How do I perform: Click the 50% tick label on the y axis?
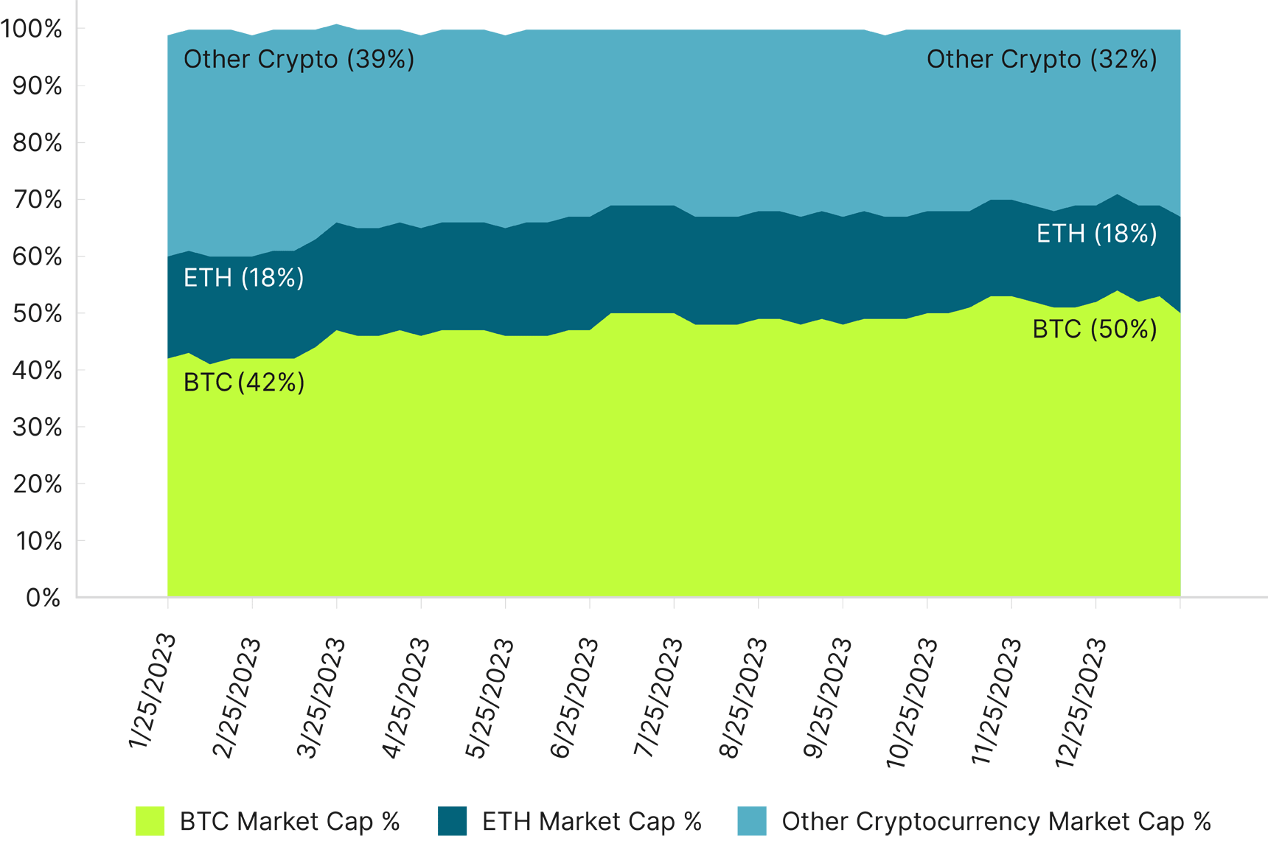pyautogui.click(x=37, y=313)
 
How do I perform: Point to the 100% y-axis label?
pyautogui.click(x=32, y=29)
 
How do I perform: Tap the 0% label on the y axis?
pyautogui.click(x=43, y=597)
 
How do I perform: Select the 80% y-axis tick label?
pyautogui.click(x=37, y=143)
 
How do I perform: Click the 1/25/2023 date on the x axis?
pyautogui.click(x=152, y=691)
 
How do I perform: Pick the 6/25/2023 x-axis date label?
pyautogui.click(x=574, y=697)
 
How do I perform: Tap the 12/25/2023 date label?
pyautogui.click(x=1080, y=703)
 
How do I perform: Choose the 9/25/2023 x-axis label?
pyautogui.click(x=826, y=697)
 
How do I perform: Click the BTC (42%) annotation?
pyautogui.click(x=244, y=383)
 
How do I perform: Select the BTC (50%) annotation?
pyautogui.click(x=1095, y=329)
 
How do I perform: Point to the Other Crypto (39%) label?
pyautogui.click(x=299, y=59)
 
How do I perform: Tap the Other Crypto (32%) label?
pyautogui.click(x=1042, y=59)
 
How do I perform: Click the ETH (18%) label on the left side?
pyautogui.click(x=244, y=278)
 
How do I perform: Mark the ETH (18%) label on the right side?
pyautogui.click(x=1097, y=234)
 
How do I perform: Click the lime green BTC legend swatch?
pyautogui.click(x=150, y=821)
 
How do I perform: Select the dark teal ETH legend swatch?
pyautogui.click(x=452, y=821)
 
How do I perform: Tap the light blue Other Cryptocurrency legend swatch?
pyautogui.click(x=752, y=821)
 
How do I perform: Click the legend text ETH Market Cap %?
pyautogui.click(x=592, y=821)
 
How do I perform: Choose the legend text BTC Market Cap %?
pyautogui.click(x=290, y=821)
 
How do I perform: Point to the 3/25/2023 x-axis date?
pyautogui.click(x=321, y=697)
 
